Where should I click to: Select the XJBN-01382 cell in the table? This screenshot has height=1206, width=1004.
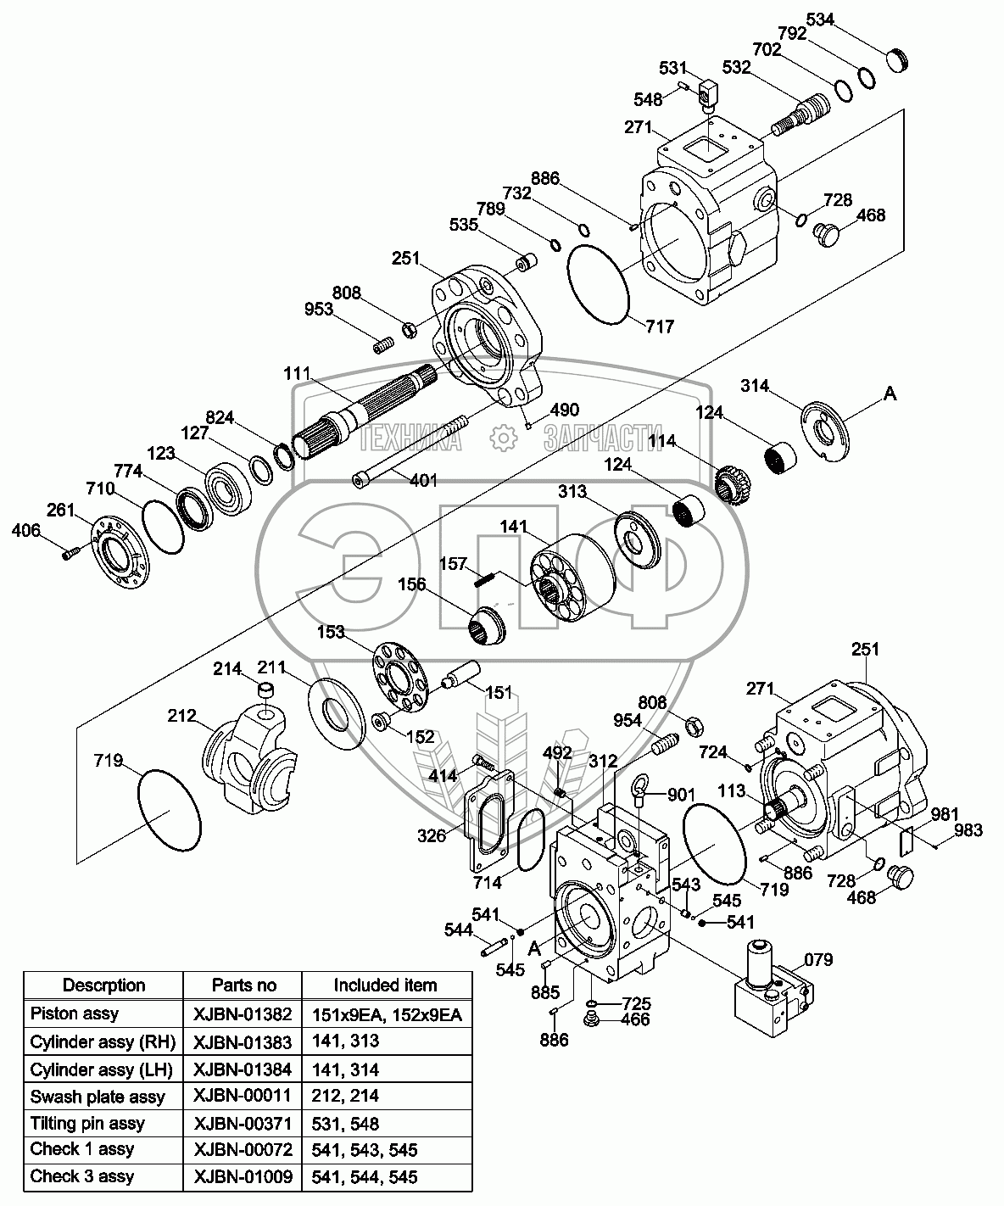point(243,1014)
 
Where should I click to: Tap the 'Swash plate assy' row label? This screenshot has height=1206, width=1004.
point(98,1097)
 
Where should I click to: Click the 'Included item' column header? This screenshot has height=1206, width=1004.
point(385,985)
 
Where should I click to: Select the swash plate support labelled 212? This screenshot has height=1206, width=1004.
point(252,752)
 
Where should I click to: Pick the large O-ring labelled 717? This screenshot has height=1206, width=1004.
point(597,283)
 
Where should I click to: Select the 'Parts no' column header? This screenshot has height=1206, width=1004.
point(243,985)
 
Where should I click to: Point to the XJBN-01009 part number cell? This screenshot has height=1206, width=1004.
point(243,1176)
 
